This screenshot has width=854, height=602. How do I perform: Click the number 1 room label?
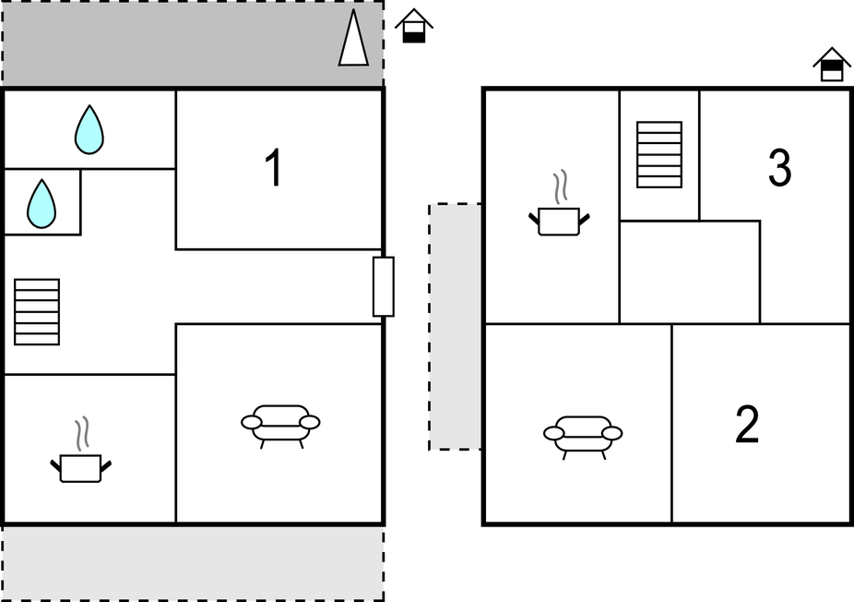[274, 168]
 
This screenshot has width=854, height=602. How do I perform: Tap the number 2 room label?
[747, 425]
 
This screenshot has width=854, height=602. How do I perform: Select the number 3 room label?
[779, 167]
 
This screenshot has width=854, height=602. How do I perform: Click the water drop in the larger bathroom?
[89, 130]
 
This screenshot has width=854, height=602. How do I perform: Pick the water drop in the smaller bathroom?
[42, 203]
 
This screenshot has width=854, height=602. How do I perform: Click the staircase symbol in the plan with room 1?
[37, 312]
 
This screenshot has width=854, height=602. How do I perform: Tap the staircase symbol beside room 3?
[659, 155]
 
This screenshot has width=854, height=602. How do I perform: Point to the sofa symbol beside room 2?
[583, 436]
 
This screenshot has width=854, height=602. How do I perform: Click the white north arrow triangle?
[353, 38]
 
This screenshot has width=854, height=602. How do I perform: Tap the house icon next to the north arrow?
[414, 26]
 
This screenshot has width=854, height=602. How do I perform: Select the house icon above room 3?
[832, 65]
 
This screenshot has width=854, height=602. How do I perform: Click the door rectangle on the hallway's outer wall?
[384, 286]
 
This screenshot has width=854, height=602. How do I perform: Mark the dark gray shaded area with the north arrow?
[193, 43]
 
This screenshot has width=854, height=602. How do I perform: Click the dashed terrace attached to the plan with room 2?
[455, 327]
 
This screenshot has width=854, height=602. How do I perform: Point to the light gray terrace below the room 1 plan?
[193, 562]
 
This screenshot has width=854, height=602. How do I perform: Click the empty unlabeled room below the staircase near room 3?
[690, 272]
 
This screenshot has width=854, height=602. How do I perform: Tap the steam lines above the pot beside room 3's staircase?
[560, 187]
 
